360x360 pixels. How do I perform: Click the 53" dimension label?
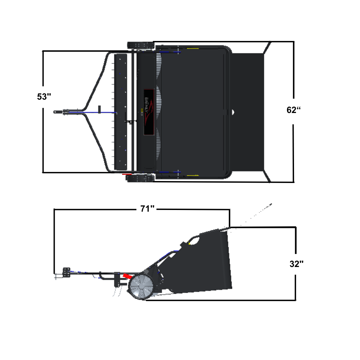44,97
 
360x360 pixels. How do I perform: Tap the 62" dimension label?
293,110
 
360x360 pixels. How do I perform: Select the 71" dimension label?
147,209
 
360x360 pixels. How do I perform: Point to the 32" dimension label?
296,264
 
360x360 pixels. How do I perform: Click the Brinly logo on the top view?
149,112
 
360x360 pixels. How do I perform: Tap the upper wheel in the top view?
140,45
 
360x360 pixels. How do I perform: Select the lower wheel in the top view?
140,178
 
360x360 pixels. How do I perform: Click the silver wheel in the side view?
141,287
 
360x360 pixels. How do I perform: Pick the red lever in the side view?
127,276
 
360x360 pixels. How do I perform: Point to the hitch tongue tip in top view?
55,112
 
